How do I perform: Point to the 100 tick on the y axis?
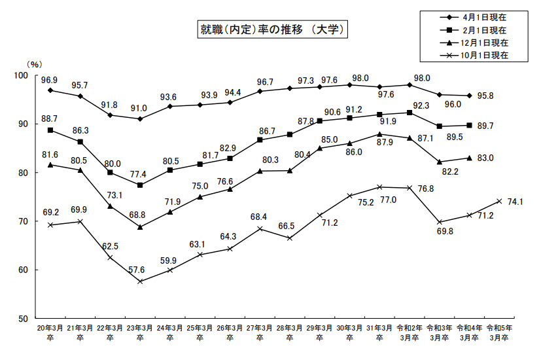[x=22, y=76]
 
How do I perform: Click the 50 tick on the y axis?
[x=24, y=318]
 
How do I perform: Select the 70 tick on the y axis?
[x=24, y=221]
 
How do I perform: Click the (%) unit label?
[x=34, y=64]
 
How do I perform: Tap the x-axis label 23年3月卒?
[x=140, y=333]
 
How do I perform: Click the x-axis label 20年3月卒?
[x=50, y=333]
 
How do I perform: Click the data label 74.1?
[x=521, y=202]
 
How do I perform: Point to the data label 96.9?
[x=50, y=80]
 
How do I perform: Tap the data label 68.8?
[x=140, y=215]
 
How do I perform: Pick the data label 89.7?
[x=485, y=126]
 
